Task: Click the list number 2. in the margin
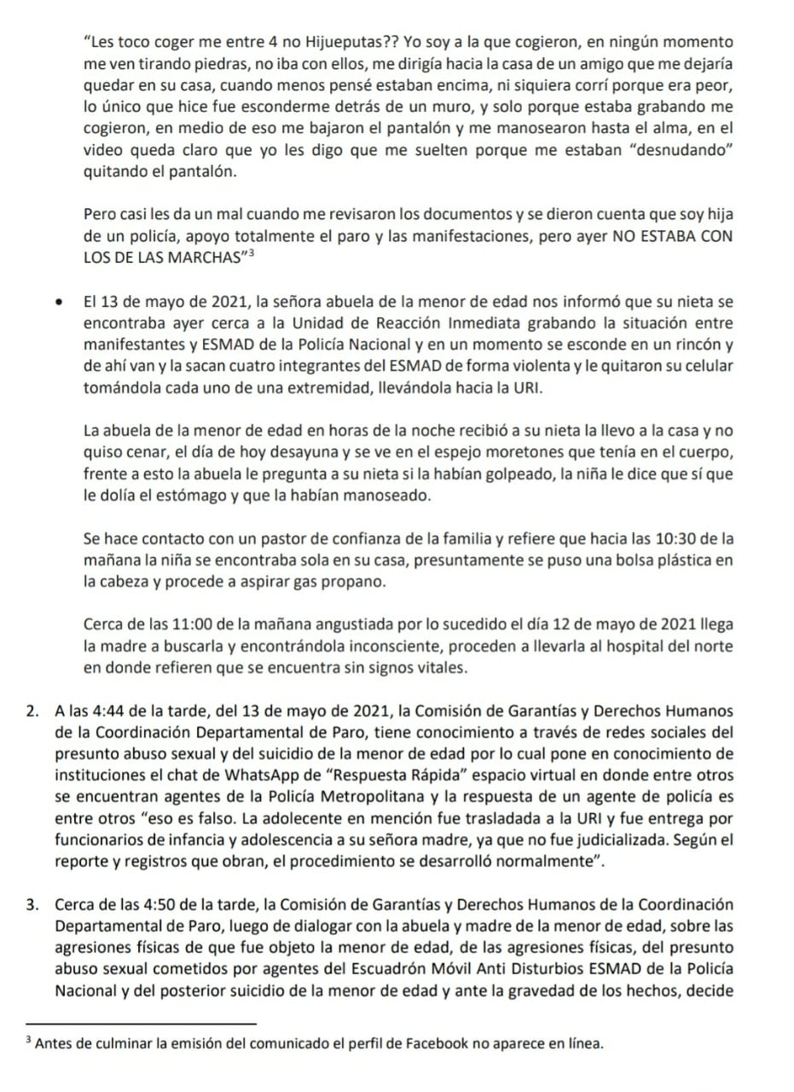(x=32, y=711)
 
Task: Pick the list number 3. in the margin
(x=32, y=903)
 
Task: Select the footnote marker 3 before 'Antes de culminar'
(x=28, y=1041)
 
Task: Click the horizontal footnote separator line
(x=142, y=1023)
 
